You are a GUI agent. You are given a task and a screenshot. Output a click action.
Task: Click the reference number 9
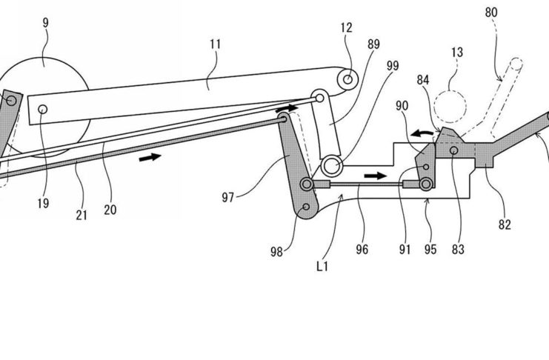tap(45, 23)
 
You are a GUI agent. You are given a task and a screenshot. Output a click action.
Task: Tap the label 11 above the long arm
tap(216, 44)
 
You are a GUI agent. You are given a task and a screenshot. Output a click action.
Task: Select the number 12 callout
tap(346, 27)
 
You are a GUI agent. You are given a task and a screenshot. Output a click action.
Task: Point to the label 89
tap(373, 44)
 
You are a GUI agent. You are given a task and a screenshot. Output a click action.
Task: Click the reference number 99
tap(393, 66)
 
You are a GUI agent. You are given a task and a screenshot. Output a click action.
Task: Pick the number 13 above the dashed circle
tap(457, 52)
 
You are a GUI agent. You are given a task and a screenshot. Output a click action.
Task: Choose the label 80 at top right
tap(491, 13)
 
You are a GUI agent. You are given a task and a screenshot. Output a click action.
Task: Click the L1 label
tap(322, 267)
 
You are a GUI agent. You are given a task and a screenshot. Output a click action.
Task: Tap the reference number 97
tap(228, 198)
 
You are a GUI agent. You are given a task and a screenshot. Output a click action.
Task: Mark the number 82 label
tap(505, 224)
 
